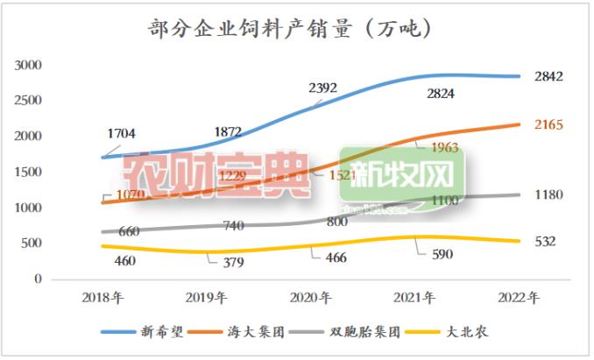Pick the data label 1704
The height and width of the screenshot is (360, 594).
point(122,134)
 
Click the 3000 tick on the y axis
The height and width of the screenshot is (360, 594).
point(30,65)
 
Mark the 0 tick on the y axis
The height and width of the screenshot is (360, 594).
point(38,279)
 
